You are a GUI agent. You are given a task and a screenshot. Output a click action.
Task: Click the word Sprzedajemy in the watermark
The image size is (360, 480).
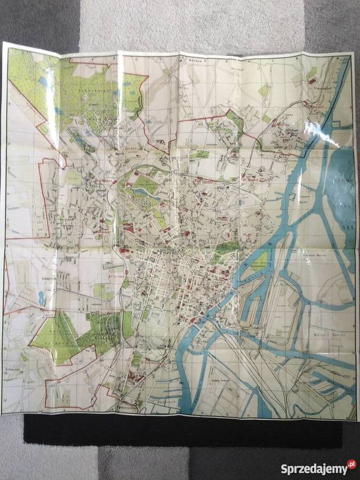click(x=314, y=469)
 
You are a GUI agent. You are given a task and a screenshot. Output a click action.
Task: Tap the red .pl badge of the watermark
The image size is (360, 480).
click(x=351, y=465)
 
